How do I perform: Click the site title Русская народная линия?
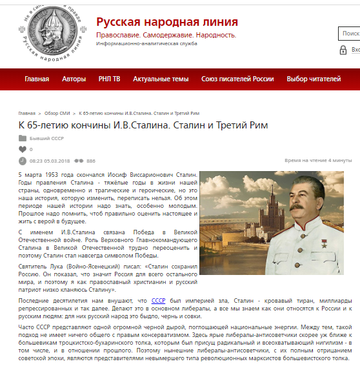click(166, 22)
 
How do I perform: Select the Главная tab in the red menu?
click(37, 79)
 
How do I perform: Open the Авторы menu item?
click(74, 79)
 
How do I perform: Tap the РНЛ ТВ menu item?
click(109, 79)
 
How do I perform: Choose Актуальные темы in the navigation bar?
click(161, 79)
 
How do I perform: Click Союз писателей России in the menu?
click(237, 79)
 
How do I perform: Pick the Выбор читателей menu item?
click(314, 79)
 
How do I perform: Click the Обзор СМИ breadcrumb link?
click(60, 112)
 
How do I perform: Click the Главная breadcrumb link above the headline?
click(27, 112)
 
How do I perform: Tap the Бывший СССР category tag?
click(47, 138)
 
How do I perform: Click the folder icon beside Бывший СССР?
click(23, 138)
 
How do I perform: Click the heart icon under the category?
click(23, 149)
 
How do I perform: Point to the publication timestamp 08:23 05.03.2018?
click(45, 161)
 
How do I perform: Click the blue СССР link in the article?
click(158, 300)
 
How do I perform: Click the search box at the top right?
click(349, 34)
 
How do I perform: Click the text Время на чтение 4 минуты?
click(318, 161)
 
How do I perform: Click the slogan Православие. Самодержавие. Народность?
click(166, 35)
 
